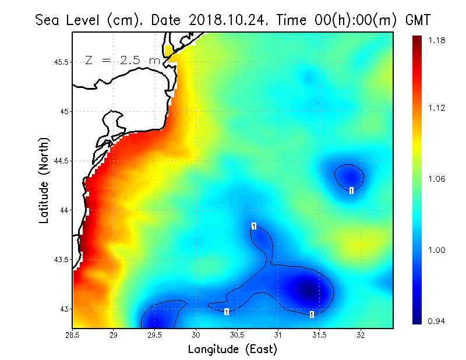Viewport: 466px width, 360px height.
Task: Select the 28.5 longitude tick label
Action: [x=73, y=335]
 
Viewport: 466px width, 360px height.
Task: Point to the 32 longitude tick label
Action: [x=361, y=335]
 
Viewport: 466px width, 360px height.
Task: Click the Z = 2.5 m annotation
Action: [x=123, y=60]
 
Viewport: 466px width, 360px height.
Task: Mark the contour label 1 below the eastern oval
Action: [x=351, y=190]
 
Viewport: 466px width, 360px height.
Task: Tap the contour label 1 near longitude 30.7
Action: [x=254, y=226]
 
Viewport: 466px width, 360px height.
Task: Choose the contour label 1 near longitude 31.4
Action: [x=312, y=315]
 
